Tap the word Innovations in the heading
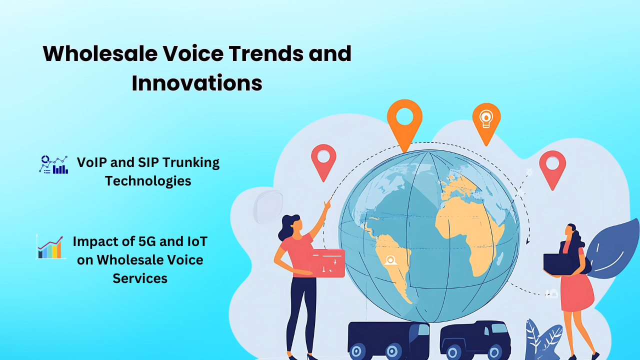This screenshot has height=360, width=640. (x=197, y=83)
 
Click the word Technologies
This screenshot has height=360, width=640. (x=148, y=180)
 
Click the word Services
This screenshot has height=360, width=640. (x=140, y=278)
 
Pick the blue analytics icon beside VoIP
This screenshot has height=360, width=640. (x=53, y=164)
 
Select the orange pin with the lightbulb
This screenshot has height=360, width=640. (x=486, y=120)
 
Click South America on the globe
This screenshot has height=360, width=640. (x=394, y=260)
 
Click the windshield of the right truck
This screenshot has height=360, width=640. (x=499, y=329)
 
